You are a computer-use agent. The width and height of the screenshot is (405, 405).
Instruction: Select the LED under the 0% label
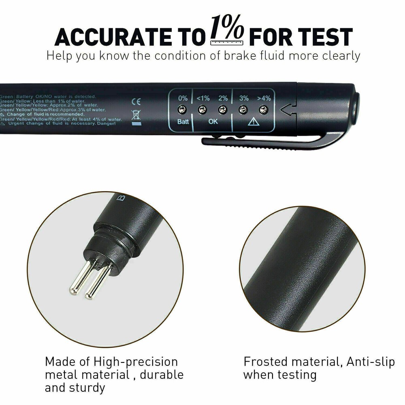[182, 109]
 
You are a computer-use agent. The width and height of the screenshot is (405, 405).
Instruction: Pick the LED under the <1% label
[202, 109]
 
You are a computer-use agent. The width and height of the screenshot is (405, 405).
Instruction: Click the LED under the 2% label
[222, 109]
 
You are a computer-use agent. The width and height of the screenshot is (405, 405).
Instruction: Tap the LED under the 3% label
[243, 109]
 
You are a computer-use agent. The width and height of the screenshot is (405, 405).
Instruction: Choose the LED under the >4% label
[264, 109]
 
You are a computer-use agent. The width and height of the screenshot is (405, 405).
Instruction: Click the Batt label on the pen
[183, 122]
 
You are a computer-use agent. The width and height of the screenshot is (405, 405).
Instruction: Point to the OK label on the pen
[213, 122]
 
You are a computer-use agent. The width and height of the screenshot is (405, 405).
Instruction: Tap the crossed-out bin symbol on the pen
[136, 116]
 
